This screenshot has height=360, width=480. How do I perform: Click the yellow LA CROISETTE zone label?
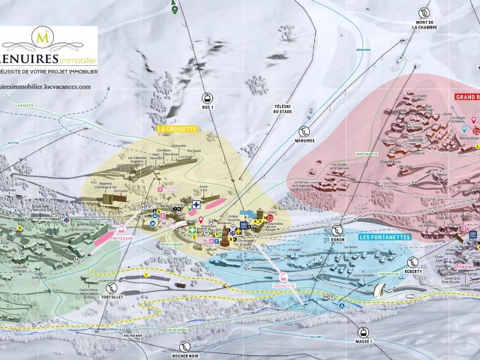tap(176, 129)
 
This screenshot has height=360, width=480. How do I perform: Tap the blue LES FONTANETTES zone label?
tap(385, 237)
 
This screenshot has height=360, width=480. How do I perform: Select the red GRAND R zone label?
tap(466, 97)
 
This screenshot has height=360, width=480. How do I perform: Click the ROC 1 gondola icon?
tap(207, 97)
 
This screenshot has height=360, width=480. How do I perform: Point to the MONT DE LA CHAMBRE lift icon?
tap(424, 13)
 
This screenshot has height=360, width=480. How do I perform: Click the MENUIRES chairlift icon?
tap(304, 129)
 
